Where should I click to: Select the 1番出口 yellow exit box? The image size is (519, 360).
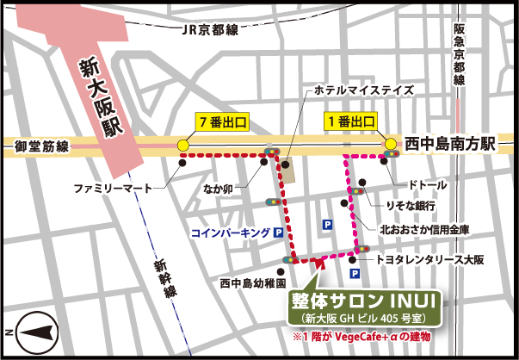point(350,122)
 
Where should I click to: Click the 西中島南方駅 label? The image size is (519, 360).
point(450,145)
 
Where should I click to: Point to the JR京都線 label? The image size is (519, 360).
point(210,28)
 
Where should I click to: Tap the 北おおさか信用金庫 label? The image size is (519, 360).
point(428,230)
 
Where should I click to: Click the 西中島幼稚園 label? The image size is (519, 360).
point(252,282)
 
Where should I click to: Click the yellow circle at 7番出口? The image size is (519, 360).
point(182,145)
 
